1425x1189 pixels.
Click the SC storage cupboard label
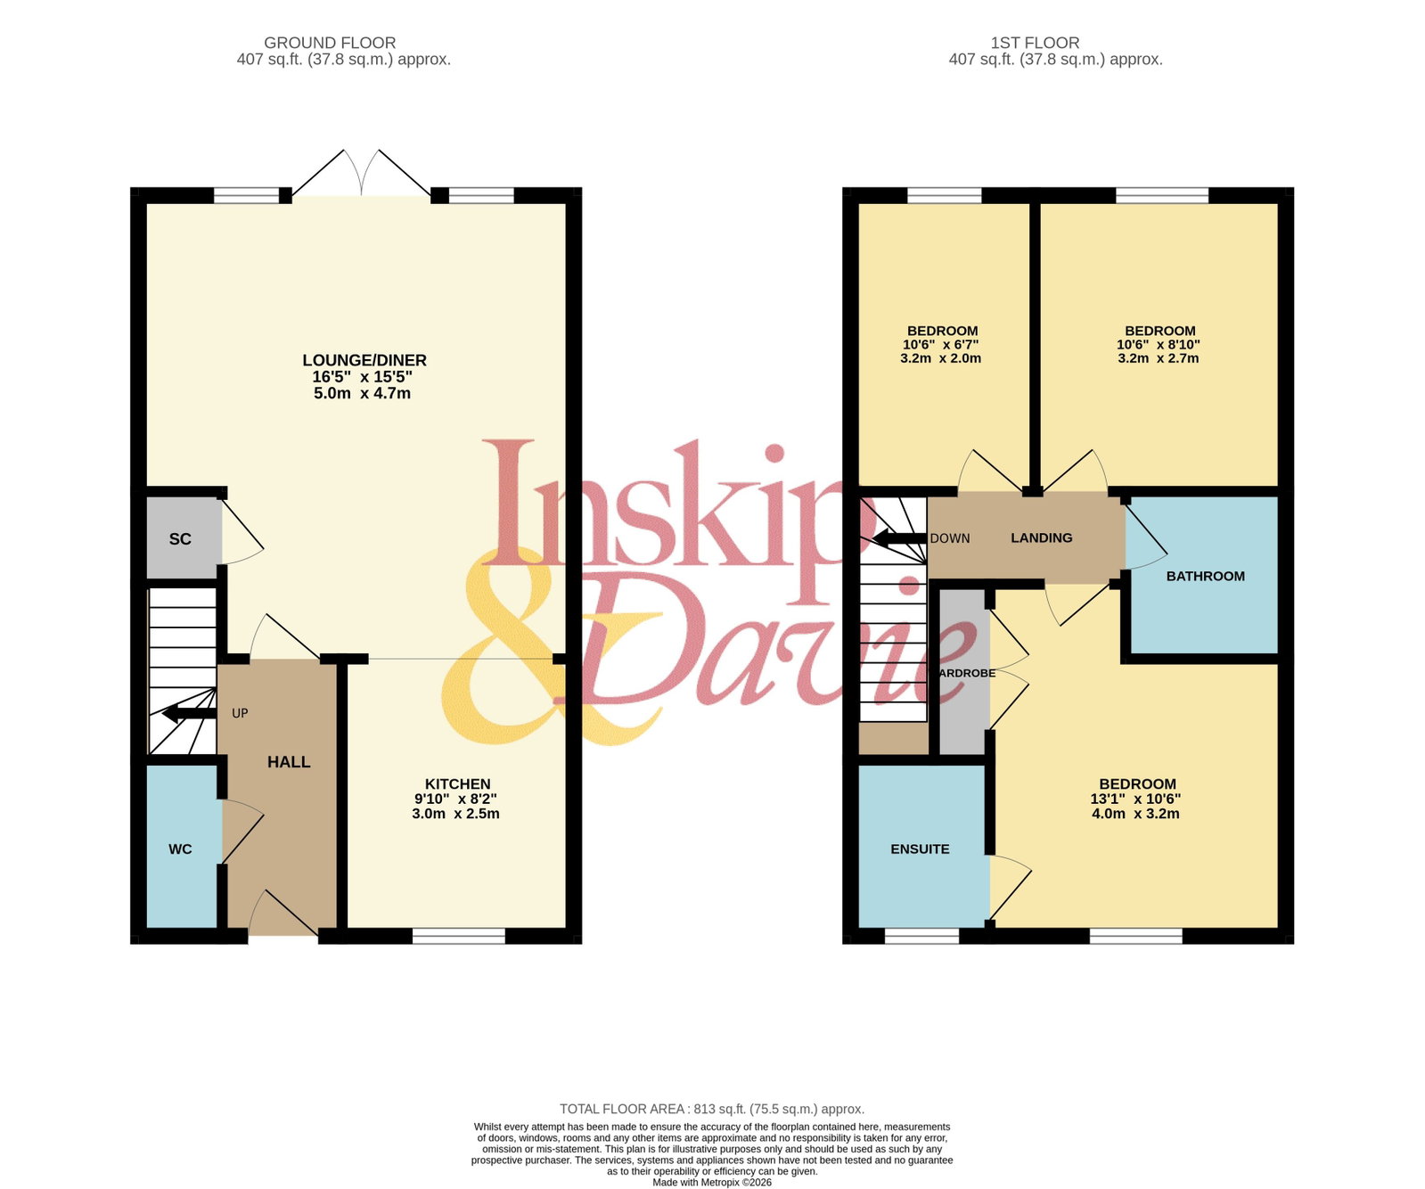pyautogui.click(x=180, y=539)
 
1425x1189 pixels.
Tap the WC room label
pyautogui.click(x=180, y=849)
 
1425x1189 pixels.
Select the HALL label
pyautogui.click(x=289, y=762)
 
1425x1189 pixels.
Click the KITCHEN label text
pyautogui.click(x=457, y=784)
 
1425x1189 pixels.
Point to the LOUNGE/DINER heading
pyautogui.click(x=364, y=360)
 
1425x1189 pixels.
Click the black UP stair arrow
pyautogui.click(x=189, y=713)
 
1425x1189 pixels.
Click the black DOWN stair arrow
pyautogui.click(x=899, y=538)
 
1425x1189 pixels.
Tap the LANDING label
pyautogui.click(x=1042, y=538)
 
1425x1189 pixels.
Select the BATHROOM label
pyautogui.click(x=1206, y=577)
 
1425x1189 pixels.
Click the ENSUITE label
pyautogui.click(x=920, y=849)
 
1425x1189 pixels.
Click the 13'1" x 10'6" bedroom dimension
pyautogui.click(x=1135, y=799)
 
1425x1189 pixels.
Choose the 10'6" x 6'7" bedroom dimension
pyautogui.click(x=941, y=345)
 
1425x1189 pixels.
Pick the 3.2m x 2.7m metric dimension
pyautogui.click(x=1159, y=358)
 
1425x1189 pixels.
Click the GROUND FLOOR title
pyautogui.click(x=330, y=43)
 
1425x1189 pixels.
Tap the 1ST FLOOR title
pyautogui.click(x=1035, y=43)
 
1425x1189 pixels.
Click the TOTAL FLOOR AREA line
pyautogui.click(x=712, y=1109)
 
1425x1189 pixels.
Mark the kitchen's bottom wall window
pyautogui.click(x=459, y=936)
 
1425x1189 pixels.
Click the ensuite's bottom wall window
pyautogui.click(x=921, y=936)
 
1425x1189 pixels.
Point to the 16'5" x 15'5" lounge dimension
pyautogui.click(x=362, y=377)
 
